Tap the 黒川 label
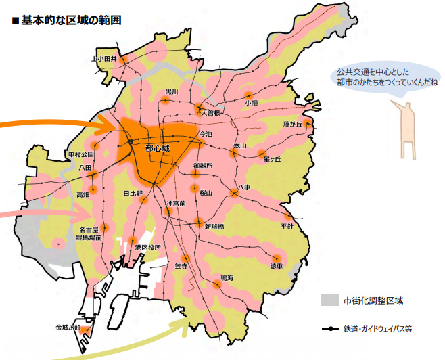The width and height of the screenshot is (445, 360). click(171, 91)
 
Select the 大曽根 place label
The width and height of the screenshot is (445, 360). click(211, 114)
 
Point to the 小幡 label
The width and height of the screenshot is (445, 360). click(252, 103)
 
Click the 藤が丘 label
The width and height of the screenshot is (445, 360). click(295, 125)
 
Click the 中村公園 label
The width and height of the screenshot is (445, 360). click(80, 155)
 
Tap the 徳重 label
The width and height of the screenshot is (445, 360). click(276, 267)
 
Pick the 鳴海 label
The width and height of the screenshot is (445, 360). click(227, 279)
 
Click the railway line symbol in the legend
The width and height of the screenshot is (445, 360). click(331, 329)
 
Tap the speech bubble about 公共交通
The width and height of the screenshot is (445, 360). click(383, 76)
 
